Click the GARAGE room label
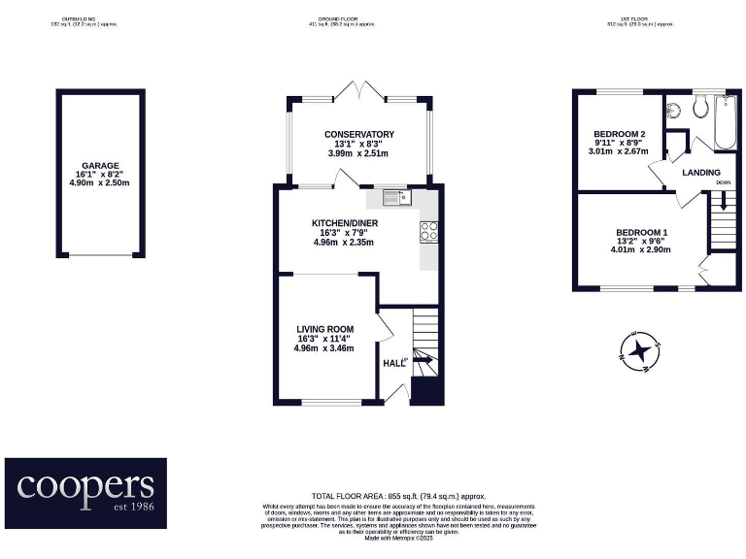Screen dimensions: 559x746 point(101,166)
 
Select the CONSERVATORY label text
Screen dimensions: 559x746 point(358,134)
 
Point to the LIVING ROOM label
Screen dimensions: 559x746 point(324,329)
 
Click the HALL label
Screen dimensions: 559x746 point(392,363)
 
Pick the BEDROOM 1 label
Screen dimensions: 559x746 point(641,232)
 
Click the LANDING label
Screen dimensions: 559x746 point(701,172)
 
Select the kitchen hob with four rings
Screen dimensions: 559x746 point(428,231)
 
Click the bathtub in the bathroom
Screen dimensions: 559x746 point(725,122)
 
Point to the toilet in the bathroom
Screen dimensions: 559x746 point(700,108)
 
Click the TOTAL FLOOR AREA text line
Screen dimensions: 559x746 point(398,496)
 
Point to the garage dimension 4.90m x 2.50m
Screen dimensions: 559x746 point(101,184)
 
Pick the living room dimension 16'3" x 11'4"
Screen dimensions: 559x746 point(324,339)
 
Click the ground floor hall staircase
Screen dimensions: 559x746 point(424,354)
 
